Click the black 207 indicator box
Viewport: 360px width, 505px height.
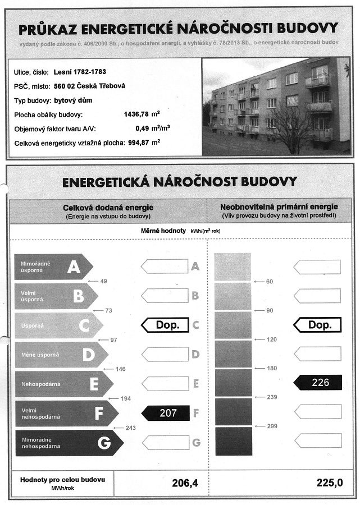[x=167, y=414]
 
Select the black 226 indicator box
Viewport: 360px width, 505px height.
[x=318, y=383]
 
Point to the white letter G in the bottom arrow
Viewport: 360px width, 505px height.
[x=103, y=443]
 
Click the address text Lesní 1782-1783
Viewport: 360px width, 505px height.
[x=80, y=72]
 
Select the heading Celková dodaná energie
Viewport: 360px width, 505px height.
[x=108, y=208]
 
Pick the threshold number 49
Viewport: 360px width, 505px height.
[x=103, y=281]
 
